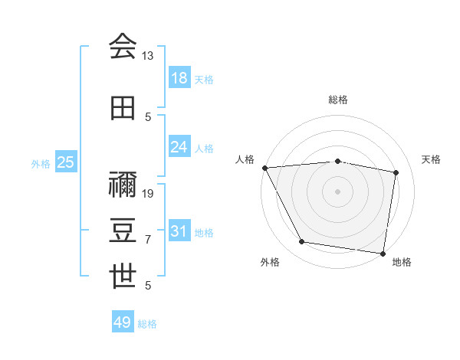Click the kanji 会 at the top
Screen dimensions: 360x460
tap(123, 46)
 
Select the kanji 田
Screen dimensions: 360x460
tap(123, 108)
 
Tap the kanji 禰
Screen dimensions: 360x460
tap(123, 184)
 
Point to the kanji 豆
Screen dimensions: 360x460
tap(123, 230)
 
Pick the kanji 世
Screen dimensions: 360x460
tap(123, 276)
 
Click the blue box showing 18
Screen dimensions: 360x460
tap(179, 78)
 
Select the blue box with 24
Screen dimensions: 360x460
tap(179, 147)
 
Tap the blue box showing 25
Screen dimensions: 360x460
tap(66, 162)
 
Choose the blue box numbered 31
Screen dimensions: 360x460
tap(179, 231)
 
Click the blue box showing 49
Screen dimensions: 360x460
tap(123, 322)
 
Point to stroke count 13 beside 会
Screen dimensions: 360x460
tap(148, 56)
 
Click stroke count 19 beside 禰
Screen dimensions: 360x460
tap(149, 193)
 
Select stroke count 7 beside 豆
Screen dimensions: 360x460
tap(148, 240)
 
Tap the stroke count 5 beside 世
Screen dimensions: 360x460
tap(148, 286)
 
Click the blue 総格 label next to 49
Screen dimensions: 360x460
tap(147, 324)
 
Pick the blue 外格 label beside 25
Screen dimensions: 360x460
tap(41, 163)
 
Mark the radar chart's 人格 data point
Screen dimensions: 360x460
tap(264, 167)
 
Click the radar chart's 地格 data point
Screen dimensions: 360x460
tap(383, 253)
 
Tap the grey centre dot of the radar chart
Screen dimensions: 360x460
tap(337, 191)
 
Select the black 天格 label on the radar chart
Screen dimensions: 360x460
tap(432, 159)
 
